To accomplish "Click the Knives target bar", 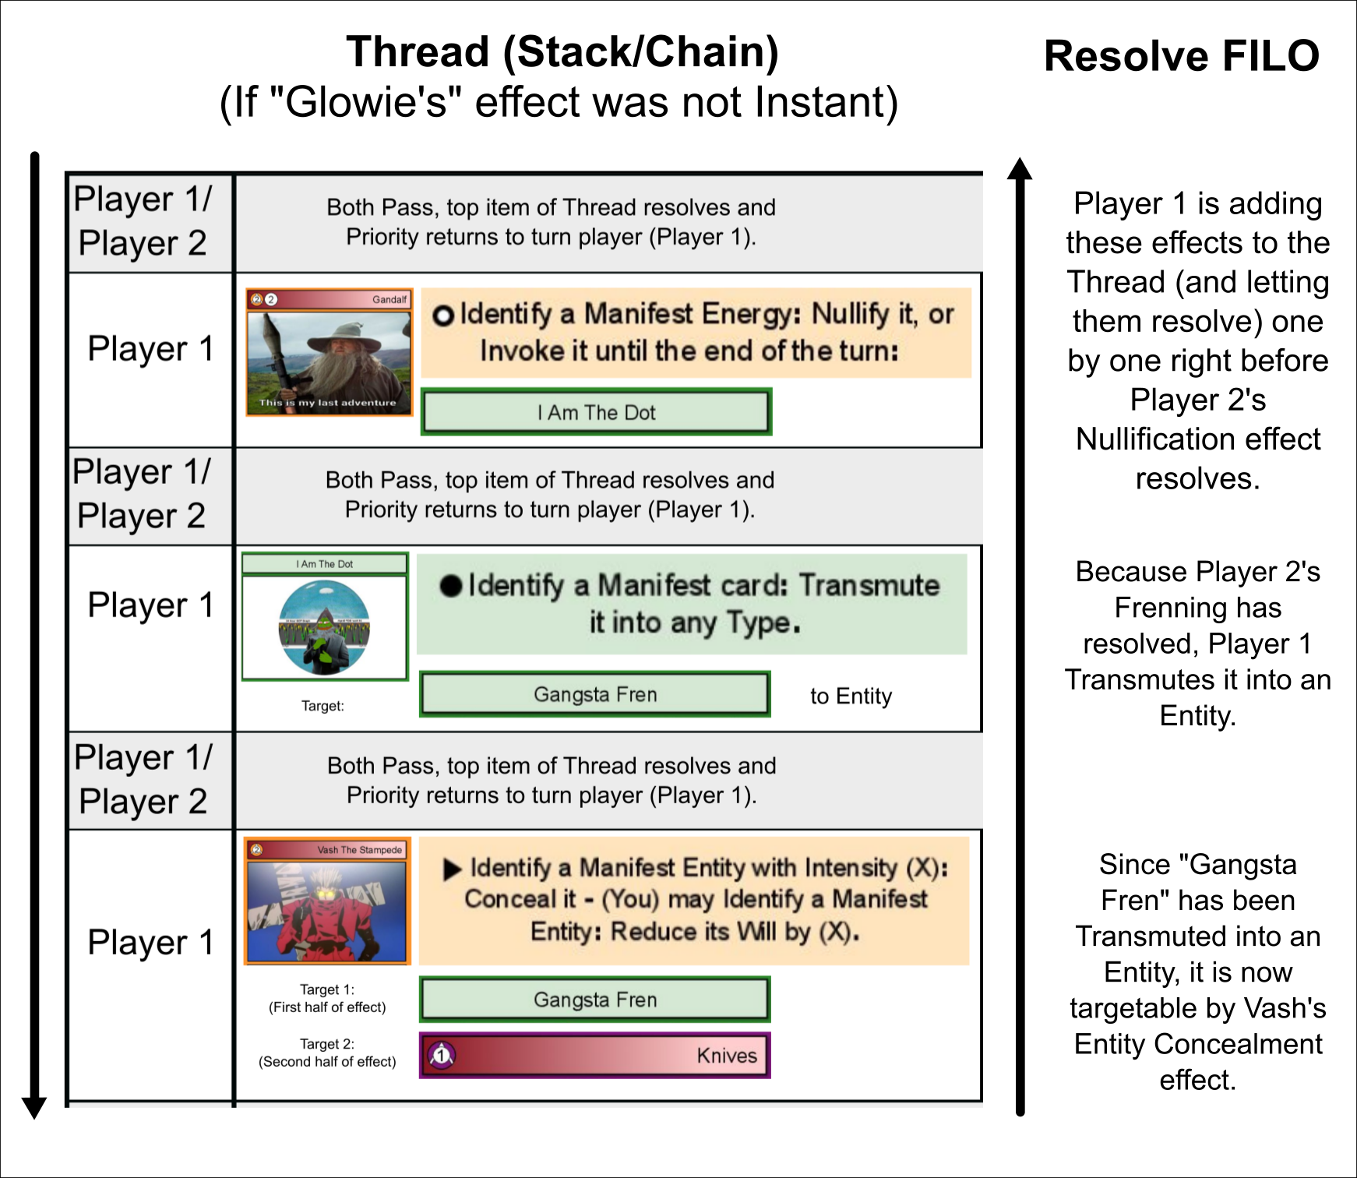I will (595, 1056).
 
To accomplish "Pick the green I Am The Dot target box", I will (596, 412).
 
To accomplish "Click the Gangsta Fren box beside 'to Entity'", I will (595, 694).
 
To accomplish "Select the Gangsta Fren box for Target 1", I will (595, 1000).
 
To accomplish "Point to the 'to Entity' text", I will (851, 696).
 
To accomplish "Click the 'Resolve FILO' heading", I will (1181, 56).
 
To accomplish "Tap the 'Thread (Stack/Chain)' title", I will (562, 52).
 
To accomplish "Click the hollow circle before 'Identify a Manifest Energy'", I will (442, 316).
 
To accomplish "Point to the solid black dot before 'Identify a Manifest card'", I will (450, 586).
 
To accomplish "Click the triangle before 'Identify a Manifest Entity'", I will (452, 869).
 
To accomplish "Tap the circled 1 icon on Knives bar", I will (442, 1056).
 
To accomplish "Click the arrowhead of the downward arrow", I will (34, 1106).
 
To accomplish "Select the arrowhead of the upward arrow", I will (1020, 169).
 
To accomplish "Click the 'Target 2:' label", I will (327, 1044).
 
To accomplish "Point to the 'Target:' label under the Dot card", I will (323, 706).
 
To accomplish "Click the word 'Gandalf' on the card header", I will (389, 299).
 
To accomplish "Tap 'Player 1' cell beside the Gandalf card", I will (150, 348).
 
